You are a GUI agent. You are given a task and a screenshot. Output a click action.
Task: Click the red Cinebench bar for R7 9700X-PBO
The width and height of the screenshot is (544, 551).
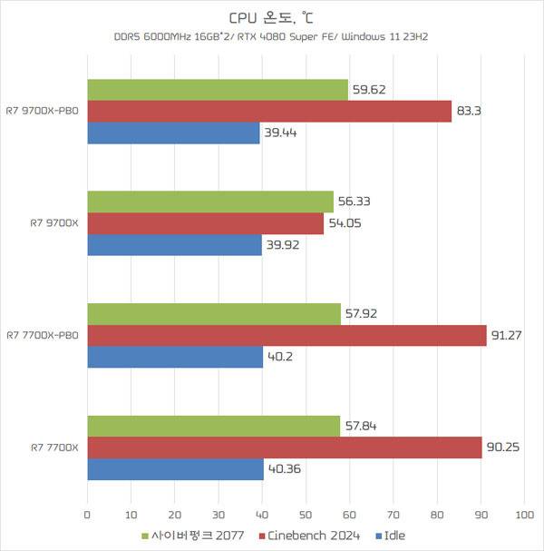pyautogui.click(x=269, y=112)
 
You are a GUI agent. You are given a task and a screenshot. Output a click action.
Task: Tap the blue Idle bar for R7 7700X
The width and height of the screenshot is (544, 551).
pyautogui.click(x=175, y=469)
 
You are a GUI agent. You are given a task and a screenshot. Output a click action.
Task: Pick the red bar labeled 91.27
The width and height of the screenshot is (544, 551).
pyautogui.click(x=287, y=336)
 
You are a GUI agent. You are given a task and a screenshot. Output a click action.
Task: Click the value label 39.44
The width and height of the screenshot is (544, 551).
pyautogui.click(x=281, y=133)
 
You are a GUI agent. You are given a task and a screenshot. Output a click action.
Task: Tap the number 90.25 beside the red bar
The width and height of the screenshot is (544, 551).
pyautogui.click(x=503, y=448)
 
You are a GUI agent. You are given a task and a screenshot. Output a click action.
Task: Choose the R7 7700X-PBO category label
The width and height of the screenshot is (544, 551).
pyautogui.click(x=43, y=336)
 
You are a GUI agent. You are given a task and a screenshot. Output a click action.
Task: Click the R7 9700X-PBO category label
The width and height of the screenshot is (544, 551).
pyautogui.click(x=43, y=112)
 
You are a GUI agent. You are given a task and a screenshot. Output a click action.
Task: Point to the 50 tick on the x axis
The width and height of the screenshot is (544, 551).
pyautogui.click(x=306, y=515)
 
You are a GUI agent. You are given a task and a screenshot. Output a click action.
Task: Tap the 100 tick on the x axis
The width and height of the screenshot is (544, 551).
pyautogui.click(x=524, y=515)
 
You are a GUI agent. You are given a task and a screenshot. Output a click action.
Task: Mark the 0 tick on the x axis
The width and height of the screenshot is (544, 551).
pyautogui.click(x=87, y=515)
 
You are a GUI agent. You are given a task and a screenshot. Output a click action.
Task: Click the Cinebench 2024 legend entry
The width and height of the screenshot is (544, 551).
pyautogui.click(x=313, y=536)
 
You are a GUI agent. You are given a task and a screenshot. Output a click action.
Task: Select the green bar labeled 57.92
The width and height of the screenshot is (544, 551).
pyautogui.click(x=213, y=313)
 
